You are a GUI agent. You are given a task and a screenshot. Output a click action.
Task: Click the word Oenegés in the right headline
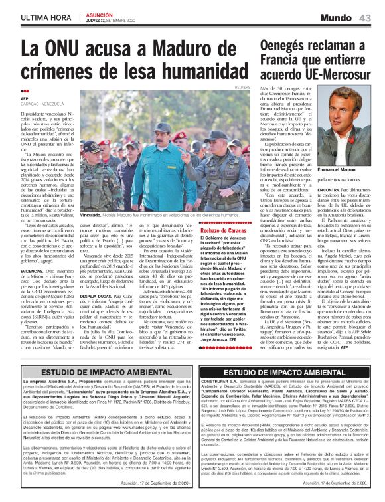click(293, 46)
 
